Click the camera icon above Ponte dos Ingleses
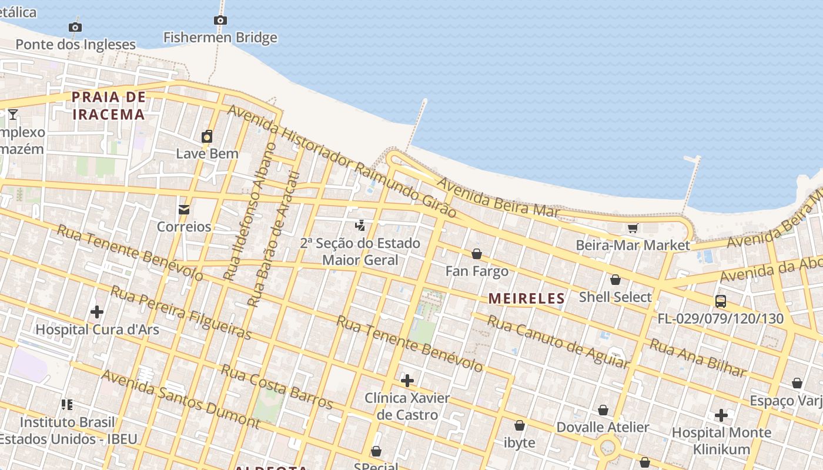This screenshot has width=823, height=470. pos(75,27)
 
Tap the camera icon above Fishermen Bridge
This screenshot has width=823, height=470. pos(220,21)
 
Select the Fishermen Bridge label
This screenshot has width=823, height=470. pos(220,38)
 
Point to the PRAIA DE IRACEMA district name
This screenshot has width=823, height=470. pos(109,106)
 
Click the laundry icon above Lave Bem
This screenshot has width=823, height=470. pos(207,137)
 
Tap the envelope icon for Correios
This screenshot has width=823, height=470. pos(184,210)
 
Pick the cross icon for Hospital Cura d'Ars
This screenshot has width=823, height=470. pos(97,312)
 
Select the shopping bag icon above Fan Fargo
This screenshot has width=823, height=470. pos(477,254)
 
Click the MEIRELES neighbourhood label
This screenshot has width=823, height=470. pos(526,298)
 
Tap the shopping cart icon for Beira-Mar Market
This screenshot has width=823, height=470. pos(633,228)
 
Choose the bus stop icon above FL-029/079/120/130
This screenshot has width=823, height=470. pos(720,301)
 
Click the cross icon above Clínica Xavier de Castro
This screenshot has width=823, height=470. pos(407,381)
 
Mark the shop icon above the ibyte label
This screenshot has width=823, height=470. pos(520,425)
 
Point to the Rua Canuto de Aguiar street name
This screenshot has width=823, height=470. pos(557,342)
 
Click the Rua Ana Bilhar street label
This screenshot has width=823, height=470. pos(697,358)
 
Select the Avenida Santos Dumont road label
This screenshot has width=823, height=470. pos(180,399)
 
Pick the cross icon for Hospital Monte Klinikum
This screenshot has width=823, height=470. pos(721,415)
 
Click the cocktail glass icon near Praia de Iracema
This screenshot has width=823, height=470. pos(13,114)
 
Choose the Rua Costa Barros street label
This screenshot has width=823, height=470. pos(276,386)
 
